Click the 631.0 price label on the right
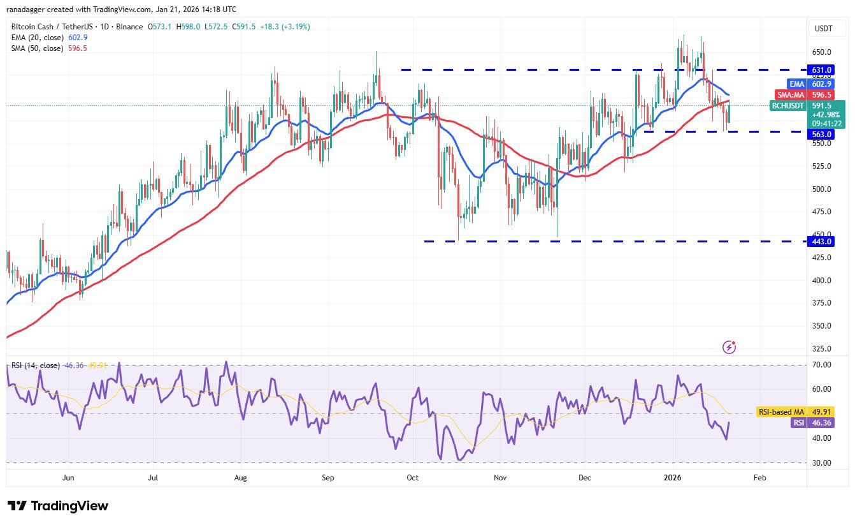click(x=826, y=70)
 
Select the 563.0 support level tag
click(x=826, y=135)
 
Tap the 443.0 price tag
click(x=826, y=241)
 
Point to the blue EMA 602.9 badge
click(x=826, y=84)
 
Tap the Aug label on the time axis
click(x=240, y=477)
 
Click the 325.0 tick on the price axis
click(x=826, y=349)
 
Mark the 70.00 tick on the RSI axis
click(x=826, y=365)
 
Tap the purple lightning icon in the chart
click(x=729, y=347)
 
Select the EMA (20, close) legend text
click(x=36, y=38)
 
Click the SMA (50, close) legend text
click(x=36, y=48)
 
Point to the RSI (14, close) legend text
click(x=35, y=366)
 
